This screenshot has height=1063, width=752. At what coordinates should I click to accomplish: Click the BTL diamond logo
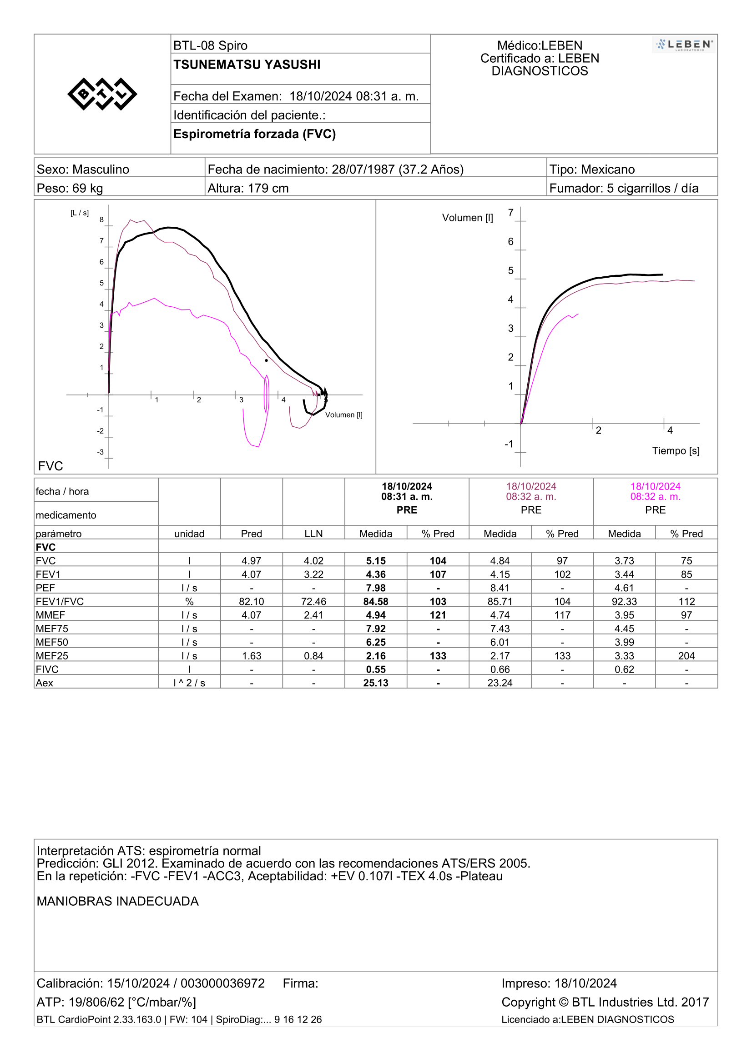102,94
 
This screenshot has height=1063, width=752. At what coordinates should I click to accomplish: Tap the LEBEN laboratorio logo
684,45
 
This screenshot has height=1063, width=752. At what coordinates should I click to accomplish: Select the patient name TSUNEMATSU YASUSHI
247,65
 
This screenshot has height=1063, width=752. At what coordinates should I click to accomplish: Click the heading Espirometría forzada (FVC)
254,134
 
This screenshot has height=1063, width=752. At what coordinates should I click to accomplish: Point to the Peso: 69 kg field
70,189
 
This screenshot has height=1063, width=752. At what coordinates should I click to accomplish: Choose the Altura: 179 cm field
248,189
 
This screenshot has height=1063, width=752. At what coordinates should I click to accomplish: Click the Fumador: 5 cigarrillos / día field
624,189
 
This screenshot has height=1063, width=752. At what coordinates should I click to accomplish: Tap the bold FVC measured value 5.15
376,561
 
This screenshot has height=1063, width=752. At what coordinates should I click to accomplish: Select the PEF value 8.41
500,588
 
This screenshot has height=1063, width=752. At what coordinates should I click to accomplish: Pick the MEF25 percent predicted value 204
686,656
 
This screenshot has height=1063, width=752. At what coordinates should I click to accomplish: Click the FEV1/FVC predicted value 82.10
251,602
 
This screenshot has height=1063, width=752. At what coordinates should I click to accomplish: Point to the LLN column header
314,534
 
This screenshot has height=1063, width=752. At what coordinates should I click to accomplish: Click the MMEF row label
50,615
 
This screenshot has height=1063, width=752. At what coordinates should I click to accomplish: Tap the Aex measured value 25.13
376,684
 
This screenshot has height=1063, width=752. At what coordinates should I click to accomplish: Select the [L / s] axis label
80,213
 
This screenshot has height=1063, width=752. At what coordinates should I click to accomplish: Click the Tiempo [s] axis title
676,451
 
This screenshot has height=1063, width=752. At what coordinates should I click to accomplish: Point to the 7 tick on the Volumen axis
510,213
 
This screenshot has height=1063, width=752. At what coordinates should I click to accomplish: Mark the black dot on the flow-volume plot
267,361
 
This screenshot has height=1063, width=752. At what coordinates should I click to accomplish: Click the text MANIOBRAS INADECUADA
118,901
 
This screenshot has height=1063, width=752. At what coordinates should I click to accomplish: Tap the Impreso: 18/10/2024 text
559,983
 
